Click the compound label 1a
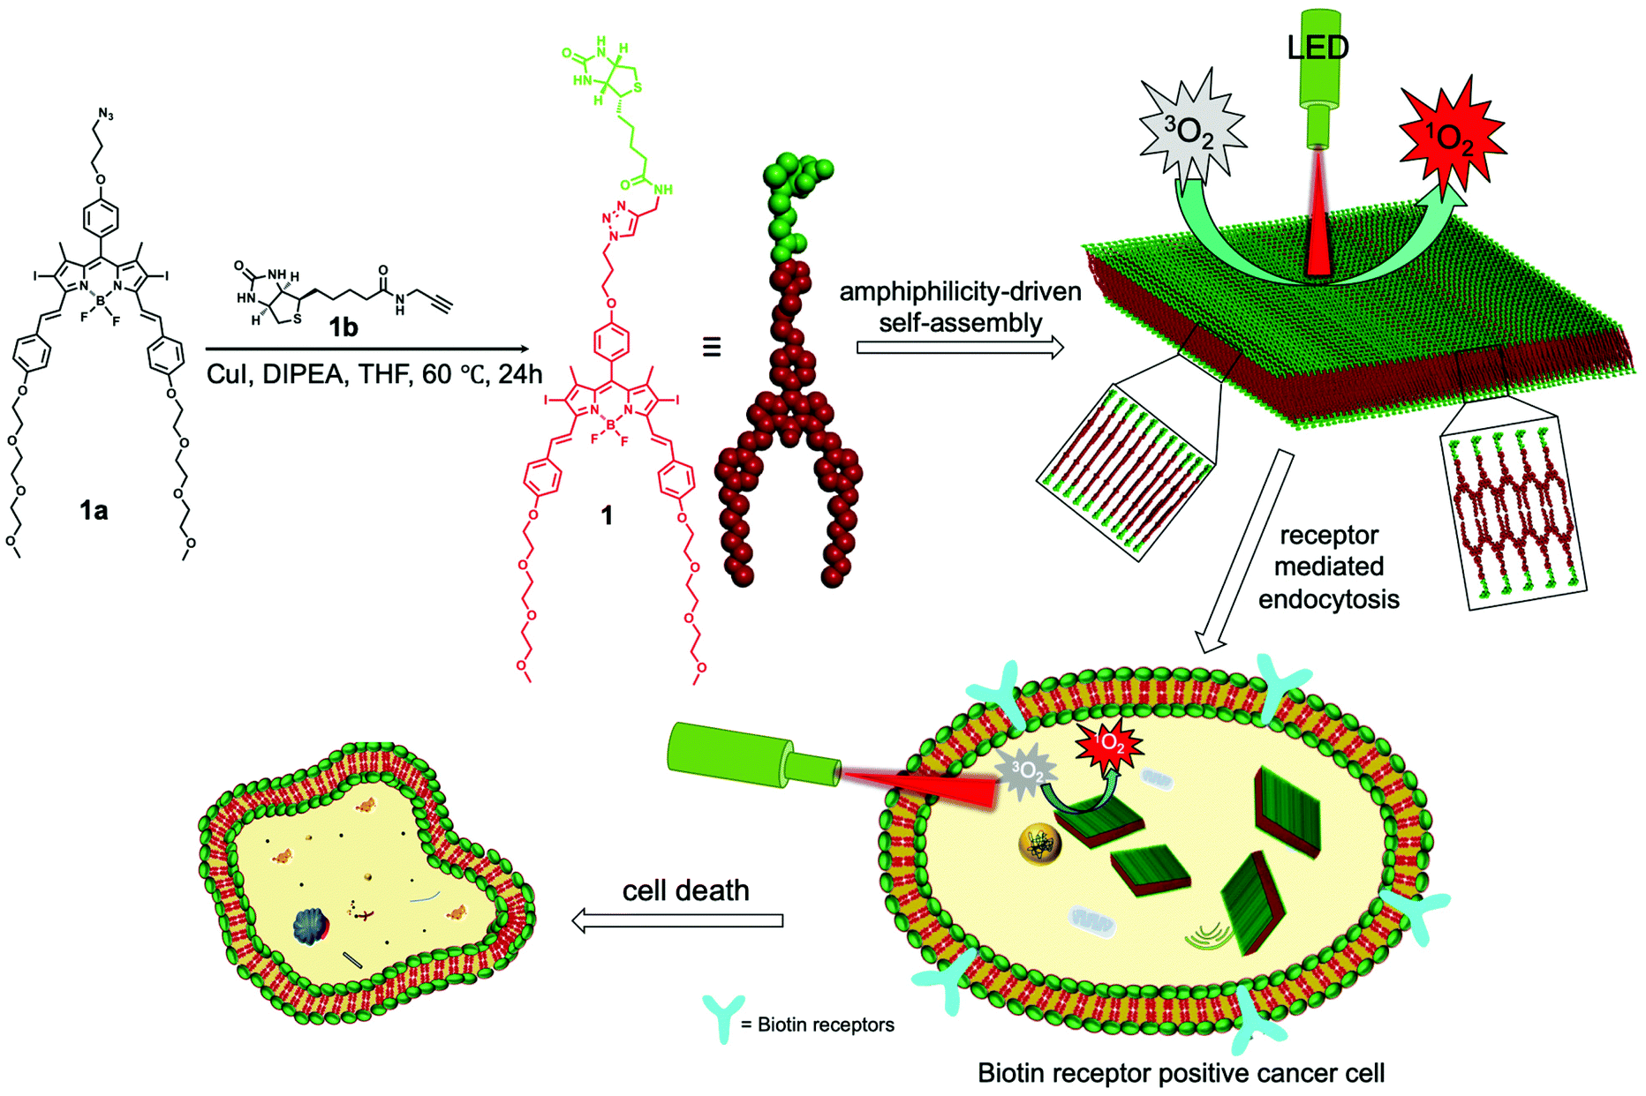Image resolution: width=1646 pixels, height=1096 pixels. click(94, 510)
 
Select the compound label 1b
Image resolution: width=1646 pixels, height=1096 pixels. click(344, 327)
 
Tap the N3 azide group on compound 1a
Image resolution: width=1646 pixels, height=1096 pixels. click(106, 115)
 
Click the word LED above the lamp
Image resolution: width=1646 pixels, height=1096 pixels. click(1318, 48)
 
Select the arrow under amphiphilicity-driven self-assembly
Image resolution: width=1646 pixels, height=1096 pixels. click(960, 349)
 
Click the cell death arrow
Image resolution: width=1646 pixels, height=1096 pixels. click(677, 920)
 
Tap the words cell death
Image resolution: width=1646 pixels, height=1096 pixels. click(685, 890)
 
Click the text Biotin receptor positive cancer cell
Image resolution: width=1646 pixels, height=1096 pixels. click(1181, 1073)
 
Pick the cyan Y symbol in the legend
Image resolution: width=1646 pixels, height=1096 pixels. click(723, 1017)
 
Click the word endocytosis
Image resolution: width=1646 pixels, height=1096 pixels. click(1328, 599)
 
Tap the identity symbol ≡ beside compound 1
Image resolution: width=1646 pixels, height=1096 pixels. click(712, 347)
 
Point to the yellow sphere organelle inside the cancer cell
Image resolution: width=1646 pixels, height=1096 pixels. click(1039, 844)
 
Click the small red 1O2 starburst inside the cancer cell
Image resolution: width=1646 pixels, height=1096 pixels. click(1109, 747)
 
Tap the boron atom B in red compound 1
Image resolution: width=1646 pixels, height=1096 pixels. click(610, 424)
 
